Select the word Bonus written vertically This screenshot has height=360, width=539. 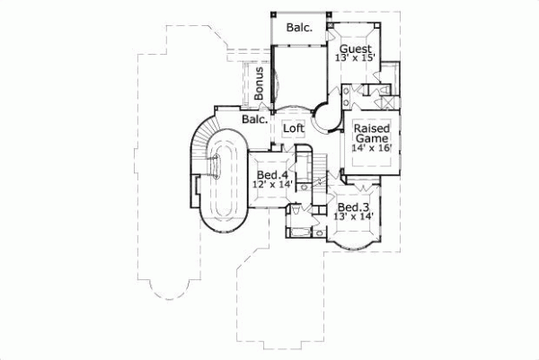click(x=259, y=83)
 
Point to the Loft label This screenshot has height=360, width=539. click(x=294, y=128)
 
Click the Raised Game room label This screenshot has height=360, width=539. click(x=370, y=135)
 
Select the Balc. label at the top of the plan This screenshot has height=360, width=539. click(x=299, y=28)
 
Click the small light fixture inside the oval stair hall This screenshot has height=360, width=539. click(x=216, y=167)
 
